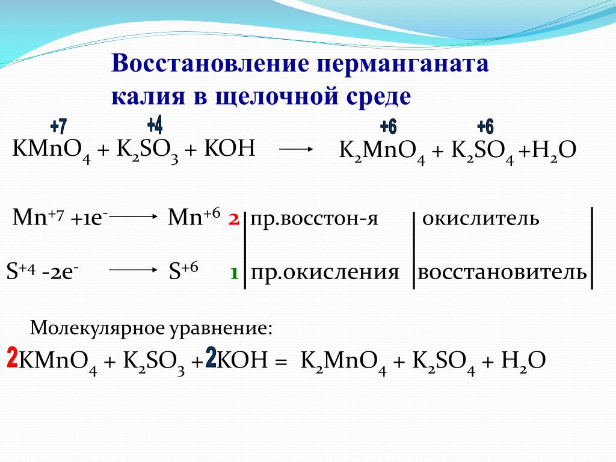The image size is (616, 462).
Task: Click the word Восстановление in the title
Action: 210,63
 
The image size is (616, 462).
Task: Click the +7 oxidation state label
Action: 59,126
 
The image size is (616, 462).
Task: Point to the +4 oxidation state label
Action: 155,125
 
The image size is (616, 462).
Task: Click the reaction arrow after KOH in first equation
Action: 296,149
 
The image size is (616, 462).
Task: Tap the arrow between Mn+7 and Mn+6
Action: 132,216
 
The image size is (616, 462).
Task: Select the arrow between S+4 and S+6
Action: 133,269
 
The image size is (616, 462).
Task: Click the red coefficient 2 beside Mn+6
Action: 234,219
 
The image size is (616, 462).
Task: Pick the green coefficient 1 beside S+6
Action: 235,273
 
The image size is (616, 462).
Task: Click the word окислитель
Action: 481,218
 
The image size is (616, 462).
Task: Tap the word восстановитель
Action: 502,272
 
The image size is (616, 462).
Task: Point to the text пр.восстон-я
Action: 314,218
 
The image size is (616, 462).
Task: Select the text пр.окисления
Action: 325,272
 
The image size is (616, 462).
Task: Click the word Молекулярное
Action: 97,327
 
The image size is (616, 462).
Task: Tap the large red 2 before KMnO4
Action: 13,357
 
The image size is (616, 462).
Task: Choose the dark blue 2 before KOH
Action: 211,357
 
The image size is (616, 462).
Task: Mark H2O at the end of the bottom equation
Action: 523,361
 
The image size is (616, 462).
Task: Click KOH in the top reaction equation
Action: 230,149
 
